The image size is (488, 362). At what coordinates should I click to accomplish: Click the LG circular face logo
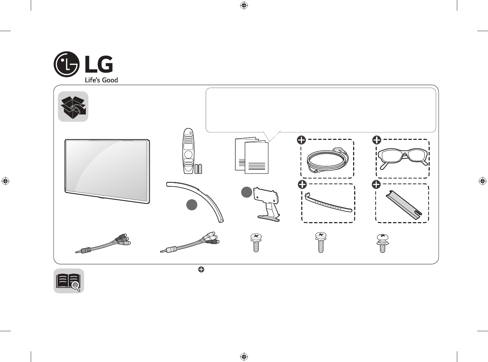[x=66, y=64]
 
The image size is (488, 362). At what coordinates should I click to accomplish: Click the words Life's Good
[x=101, y=80]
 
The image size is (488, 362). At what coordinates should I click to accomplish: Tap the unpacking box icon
[x=73, y=107]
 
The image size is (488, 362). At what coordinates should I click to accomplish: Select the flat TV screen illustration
[x=107, y=171]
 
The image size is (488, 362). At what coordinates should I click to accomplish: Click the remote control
[x=188, y=151]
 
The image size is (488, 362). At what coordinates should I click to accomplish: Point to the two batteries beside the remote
[x=198, y=169]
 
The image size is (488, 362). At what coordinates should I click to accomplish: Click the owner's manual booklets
[x=252, y=156]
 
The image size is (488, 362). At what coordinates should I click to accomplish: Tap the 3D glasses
[x=402, y=158]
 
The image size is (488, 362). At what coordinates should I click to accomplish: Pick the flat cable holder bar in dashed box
[x=404, y=205]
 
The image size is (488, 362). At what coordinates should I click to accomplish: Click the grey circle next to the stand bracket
[x=247, y=192]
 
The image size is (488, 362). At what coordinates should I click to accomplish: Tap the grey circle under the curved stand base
[x=192, y=205]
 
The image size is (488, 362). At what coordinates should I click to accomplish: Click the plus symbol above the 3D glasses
[x=376, y=140]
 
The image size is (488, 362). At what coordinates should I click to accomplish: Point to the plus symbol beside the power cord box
[x=301, y=140]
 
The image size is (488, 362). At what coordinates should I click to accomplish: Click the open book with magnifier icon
[x=69, y=281]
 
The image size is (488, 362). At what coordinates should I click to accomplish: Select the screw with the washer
[x=382, y=243]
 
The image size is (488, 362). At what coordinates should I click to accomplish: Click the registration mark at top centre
[x=244, y=5]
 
